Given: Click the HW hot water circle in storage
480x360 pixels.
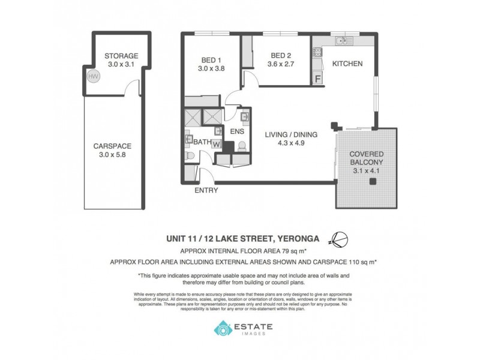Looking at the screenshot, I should click(93, 76).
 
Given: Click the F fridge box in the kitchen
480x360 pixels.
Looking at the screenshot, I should click(317, 78).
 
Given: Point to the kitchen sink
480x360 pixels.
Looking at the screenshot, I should click(344, 41).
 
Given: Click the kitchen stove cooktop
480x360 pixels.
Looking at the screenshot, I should click(316, 53).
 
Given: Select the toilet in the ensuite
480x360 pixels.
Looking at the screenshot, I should click(241, 146).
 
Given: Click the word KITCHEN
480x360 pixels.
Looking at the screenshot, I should click(347, 64).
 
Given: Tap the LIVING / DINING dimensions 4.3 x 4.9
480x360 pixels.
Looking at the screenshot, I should click(291, 144).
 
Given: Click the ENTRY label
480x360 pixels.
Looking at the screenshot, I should click(206, 191).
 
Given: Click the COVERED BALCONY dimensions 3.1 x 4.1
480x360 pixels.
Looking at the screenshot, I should click(367, 170).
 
